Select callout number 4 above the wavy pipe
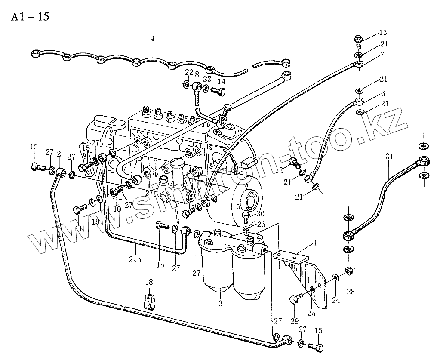(x=152, y=39)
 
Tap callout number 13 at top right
(x=383, y=33)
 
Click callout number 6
(x=382, y=93)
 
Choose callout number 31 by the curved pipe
(x=389, y=158)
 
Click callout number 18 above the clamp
(x=149, y=282)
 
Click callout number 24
(x=335, y=301)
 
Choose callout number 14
(x=221, y=81)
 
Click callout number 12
(x=280, y=170)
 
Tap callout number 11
(x=79, y=229)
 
